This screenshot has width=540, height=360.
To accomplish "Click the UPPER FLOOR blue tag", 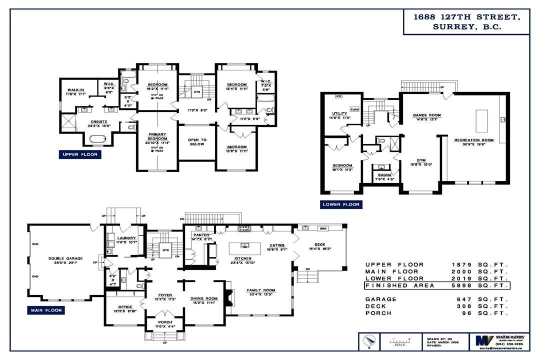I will click(x=79, y=155).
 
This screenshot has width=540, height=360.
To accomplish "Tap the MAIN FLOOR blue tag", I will click(x=45, y=310).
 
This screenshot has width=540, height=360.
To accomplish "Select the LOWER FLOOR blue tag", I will click(x=341, y=204).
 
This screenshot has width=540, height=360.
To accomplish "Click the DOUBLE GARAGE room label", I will click(x=65, y=258).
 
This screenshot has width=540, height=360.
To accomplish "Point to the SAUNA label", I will click(x=384, y=176).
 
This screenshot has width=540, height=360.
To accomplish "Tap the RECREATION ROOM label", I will click(x=473, y=140).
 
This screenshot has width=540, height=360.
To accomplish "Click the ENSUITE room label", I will click(x=98, y=121).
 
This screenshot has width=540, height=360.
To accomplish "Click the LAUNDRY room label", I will click(x=123, y=238).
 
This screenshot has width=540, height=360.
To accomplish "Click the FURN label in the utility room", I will click(x=354, y=109).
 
